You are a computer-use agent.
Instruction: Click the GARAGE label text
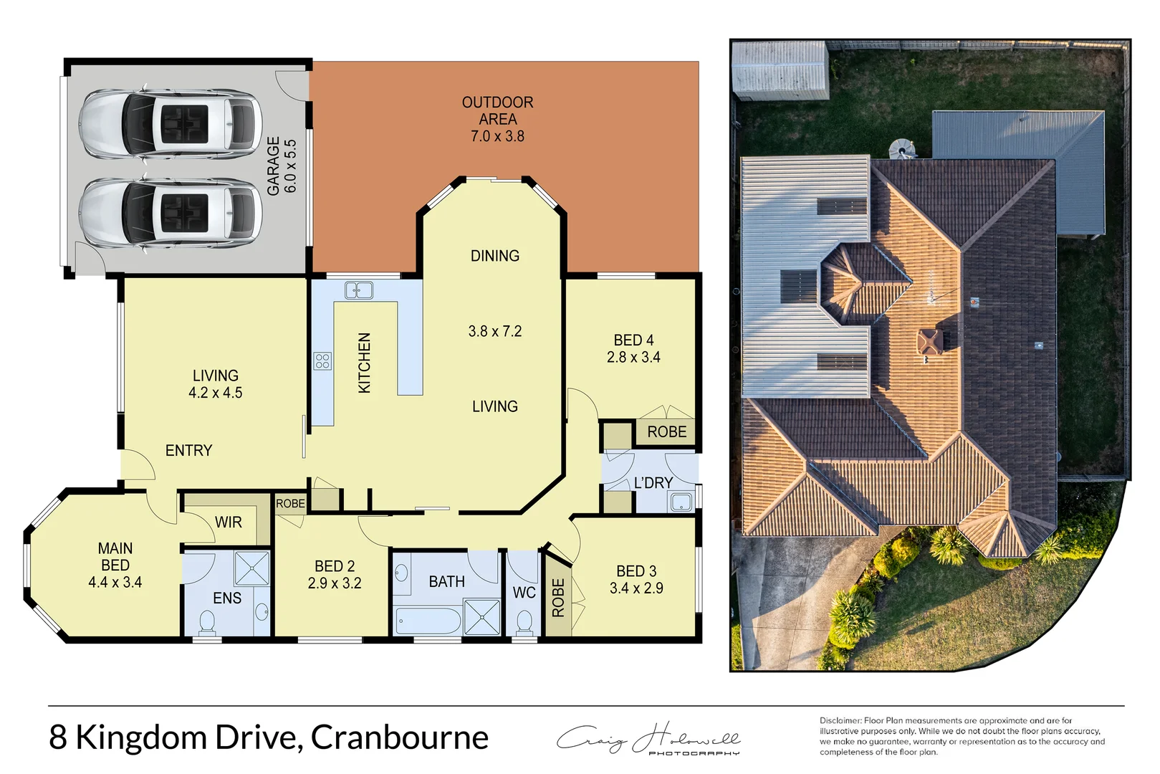point(273,166)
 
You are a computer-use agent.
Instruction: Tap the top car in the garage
point(170,123)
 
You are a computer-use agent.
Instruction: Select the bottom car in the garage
point(170,212)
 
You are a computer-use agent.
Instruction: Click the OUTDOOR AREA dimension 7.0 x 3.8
point(497,136)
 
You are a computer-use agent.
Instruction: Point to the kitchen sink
point(359,290)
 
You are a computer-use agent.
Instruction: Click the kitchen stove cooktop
point(322,360)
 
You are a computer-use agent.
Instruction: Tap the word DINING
point(495,256)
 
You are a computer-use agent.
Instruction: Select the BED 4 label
point(633,340)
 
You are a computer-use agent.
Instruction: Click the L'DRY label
point(653,483)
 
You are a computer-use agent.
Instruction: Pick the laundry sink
point(681,502)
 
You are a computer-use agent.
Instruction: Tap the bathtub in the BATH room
point(428,620)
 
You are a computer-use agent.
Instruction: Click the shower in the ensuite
point(252,569)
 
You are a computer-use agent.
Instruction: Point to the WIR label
point(229,522)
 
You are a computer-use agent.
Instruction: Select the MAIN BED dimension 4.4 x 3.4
point(115,583)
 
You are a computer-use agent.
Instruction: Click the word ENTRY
point(189,451)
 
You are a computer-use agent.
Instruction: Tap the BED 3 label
point(636,571)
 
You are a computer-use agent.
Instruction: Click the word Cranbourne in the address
point(400,737)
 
